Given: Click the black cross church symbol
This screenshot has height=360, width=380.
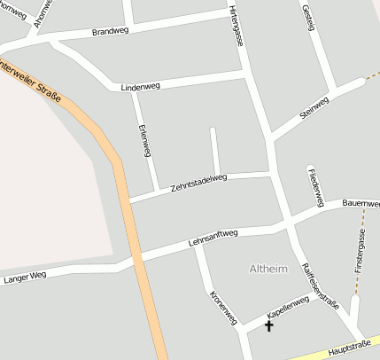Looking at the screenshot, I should coord(269,325).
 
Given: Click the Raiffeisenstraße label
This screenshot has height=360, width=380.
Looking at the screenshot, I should coord(319,286).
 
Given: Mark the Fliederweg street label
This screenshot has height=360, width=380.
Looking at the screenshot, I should coord(314,183).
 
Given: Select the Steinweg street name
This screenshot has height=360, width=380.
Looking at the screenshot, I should coord(314,107).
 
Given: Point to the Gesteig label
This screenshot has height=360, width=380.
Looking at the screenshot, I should coord(308,17).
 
